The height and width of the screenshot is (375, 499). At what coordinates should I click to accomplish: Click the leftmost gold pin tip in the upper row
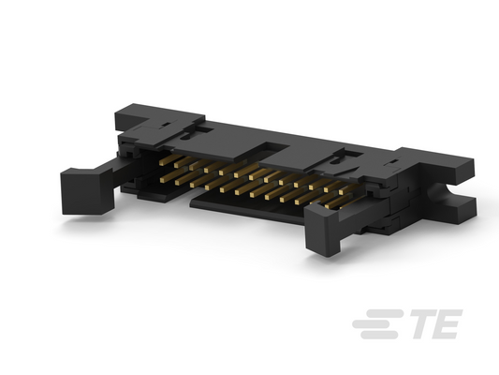(162, 163)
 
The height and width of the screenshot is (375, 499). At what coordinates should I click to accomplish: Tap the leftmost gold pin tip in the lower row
(163, 181)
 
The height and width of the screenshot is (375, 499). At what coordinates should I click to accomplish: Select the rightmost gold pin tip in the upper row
(342, 192)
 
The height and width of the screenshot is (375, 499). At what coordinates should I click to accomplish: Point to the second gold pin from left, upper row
(177, 165)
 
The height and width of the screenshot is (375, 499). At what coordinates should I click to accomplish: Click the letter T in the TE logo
(425, 323)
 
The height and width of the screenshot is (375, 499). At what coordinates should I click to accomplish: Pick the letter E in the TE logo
(448, 323)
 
